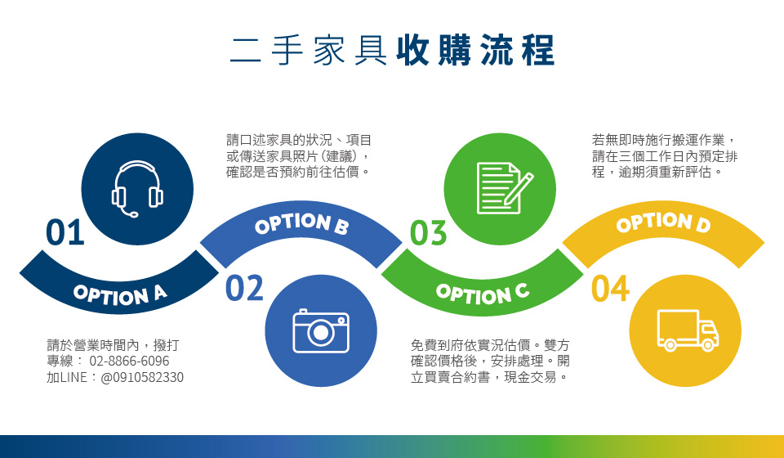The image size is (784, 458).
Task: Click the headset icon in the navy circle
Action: [137, 189]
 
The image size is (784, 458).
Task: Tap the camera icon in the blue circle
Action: [320, 331]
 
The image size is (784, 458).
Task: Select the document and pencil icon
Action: [505, 188]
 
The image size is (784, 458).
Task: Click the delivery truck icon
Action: [688, 330]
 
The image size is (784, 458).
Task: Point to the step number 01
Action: [65, 232]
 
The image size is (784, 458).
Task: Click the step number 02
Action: [244, 288]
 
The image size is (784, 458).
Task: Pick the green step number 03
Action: [428, 233]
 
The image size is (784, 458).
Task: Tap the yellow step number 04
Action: [610, 289]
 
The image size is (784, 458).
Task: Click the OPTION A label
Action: [120, 294]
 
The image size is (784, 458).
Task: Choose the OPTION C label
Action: [483, 294]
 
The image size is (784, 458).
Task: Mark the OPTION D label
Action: [663, 223]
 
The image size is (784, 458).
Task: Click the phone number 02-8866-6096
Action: [130, 361]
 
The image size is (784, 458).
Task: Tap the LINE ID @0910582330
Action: [142, 377]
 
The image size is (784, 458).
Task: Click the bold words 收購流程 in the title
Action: [475, 50]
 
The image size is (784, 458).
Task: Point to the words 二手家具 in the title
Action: [309, 50]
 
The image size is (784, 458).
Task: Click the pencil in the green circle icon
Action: [519, 188]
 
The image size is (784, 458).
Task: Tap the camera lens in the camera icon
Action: [320, 332]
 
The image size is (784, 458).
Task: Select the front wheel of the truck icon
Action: [708, 345]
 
